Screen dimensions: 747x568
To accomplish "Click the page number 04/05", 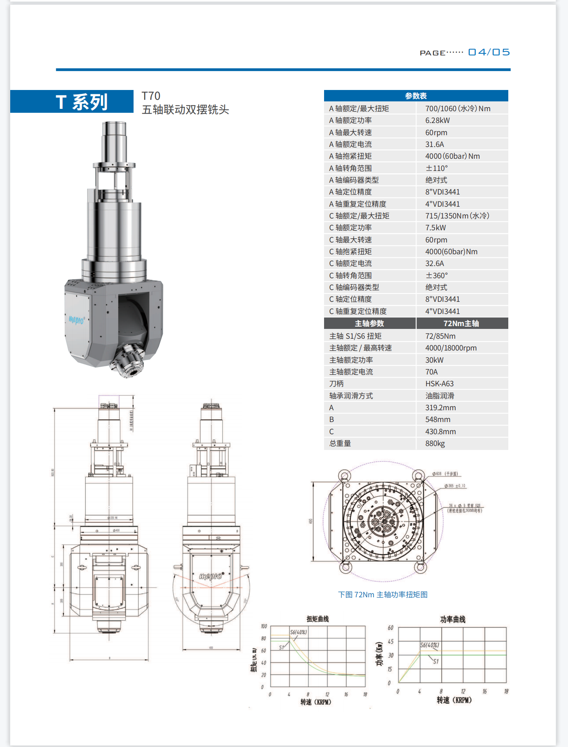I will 489,52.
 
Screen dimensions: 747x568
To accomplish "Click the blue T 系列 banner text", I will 82,102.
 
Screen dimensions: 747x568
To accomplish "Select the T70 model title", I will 151,96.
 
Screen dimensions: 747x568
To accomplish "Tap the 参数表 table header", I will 416,96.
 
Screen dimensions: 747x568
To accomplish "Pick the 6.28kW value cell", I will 438,121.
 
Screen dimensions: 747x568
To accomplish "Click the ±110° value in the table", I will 436,168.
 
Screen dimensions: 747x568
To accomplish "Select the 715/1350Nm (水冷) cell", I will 457,216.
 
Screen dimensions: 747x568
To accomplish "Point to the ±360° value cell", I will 436,275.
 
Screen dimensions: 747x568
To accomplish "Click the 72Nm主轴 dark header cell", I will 461,323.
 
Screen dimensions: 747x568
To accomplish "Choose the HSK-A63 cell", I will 439,384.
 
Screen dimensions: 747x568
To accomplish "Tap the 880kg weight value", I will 435,443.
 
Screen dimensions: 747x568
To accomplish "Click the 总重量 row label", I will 340,443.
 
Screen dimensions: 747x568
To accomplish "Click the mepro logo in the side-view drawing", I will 211,576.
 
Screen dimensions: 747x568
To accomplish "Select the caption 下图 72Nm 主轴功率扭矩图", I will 383,595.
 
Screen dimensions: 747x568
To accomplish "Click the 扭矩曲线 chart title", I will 317,619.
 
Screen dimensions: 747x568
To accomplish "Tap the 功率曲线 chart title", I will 453,619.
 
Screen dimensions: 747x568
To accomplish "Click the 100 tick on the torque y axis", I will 264,626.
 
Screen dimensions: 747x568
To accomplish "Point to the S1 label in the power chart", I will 436,661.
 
